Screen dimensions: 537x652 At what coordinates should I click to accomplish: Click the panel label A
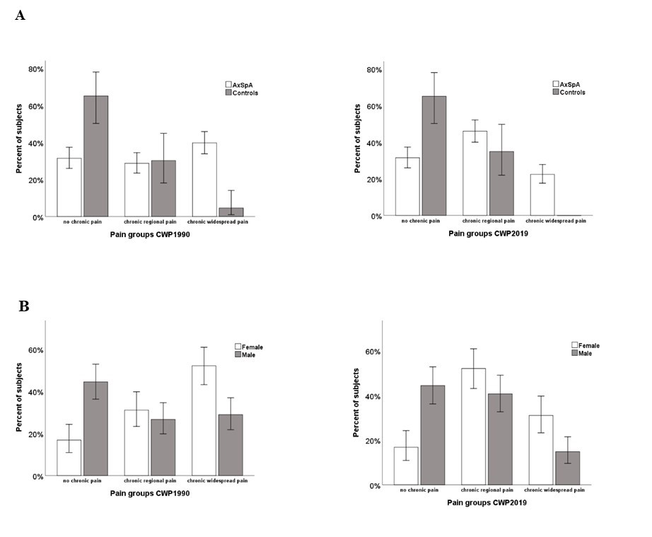(20, 16)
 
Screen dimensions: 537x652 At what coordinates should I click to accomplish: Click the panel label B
(23, 306)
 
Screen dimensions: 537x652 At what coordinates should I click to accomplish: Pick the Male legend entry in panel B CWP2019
(581, 353)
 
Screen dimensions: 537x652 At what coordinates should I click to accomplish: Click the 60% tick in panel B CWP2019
(372, 352)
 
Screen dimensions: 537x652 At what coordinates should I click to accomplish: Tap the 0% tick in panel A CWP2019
(375, 216)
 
